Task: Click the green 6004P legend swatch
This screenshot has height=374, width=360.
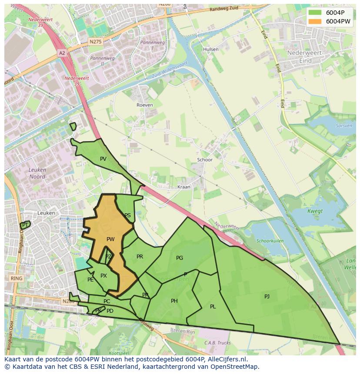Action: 315,13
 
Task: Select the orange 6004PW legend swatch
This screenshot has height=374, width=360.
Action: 315,21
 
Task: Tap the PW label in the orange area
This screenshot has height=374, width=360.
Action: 110,239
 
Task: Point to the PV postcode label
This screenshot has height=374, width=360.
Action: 103,159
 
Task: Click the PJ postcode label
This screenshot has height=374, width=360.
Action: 267,297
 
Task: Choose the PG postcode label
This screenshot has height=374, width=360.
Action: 180,258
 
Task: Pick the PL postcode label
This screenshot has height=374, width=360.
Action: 213,307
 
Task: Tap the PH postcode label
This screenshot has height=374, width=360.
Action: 174,301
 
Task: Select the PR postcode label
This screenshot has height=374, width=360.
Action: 140,257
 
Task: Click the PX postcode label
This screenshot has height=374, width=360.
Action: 103,276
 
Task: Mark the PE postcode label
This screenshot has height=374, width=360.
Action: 90,280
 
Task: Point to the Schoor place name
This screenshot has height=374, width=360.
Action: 205,160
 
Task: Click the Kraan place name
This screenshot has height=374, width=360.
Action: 184,187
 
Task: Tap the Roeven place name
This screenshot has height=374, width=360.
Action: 145,105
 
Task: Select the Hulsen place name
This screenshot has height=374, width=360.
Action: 211,50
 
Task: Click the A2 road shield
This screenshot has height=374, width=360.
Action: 62,53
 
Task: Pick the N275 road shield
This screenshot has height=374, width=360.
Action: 95,41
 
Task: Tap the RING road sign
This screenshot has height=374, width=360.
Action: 17,278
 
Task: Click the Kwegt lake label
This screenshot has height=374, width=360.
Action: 315,212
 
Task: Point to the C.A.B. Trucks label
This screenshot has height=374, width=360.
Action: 217,343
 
